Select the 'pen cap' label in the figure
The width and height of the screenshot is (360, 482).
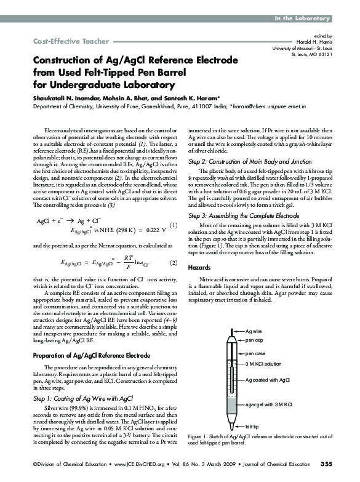255,340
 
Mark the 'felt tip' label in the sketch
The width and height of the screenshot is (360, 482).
252,426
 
